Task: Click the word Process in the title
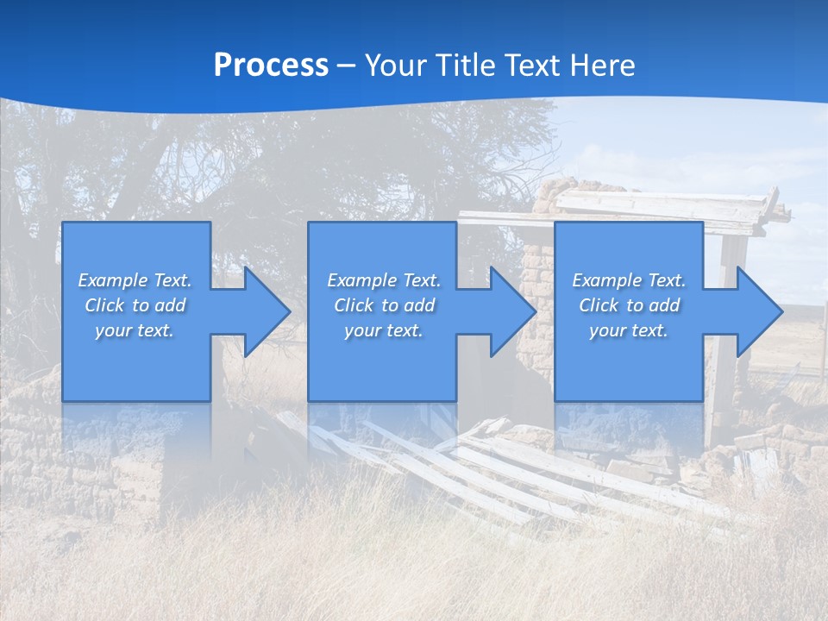click(x=271, y=65)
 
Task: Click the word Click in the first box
click(x=104, y=305)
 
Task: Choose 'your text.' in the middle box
click(x=383, y=330)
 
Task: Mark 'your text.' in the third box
click(x=628, y=330)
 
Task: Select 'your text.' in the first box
click(x=134, y=330)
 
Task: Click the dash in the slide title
click(x=346, y=66)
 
